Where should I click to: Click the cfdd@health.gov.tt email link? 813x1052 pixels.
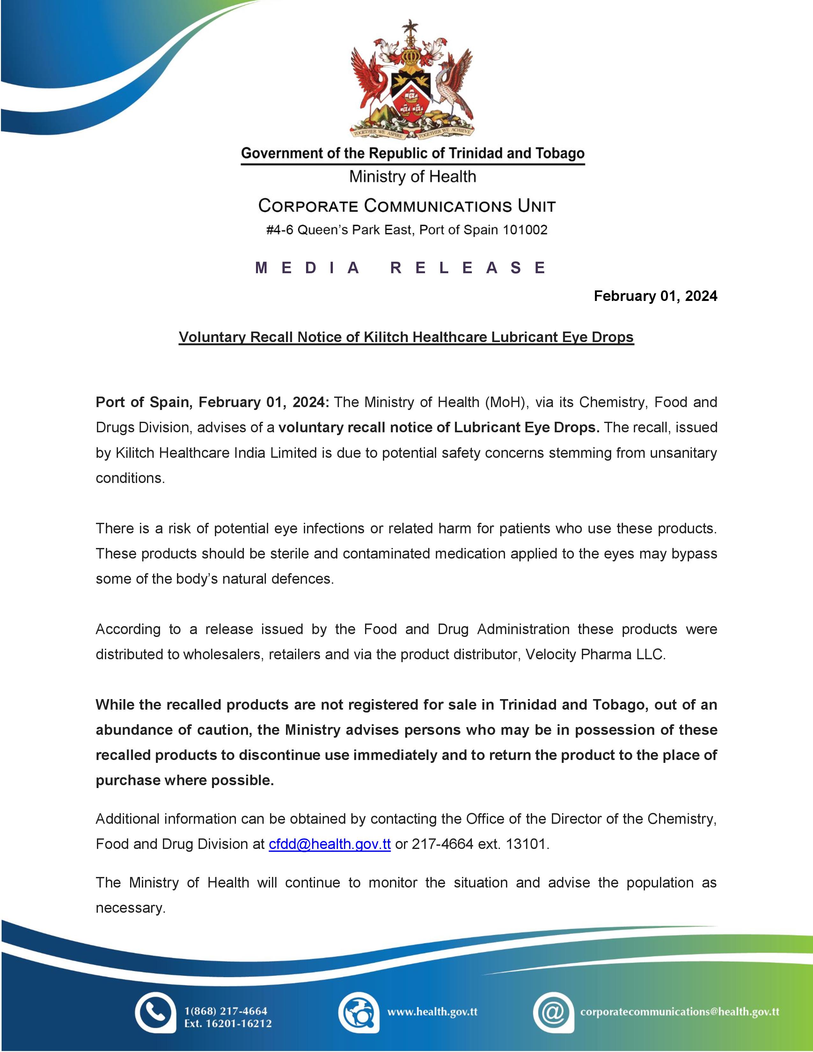329,844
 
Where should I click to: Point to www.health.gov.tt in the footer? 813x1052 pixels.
432,1012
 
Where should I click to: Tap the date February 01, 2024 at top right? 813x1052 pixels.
655,296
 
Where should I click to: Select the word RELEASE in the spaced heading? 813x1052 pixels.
468,267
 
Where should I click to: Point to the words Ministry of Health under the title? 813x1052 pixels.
412,177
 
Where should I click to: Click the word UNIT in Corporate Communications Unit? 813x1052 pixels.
537,206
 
